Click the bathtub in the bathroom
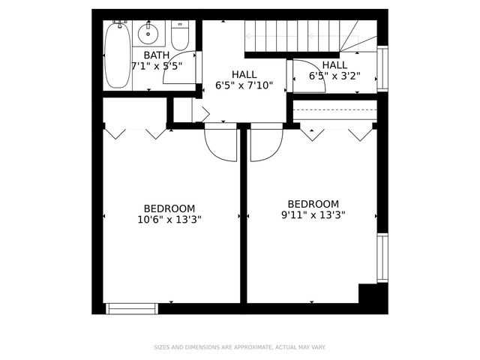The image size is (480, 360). pos(116,55)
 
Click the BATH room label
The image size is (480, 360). pos(157,55)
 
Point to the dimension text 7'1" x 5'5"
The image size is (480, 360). pos(157,66)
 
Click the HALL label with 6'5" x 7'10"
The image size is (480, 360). pos(244,75)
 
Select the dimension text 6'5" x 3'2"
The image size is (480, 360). pos(334,76)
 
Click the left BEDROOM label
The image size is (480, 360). pos(169,208)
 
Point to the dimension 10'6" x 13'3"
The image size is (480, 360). pos(169,220)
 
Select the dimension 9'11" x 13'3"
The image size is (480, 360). pos(313,214)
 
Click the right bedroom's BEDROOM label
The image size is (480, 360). pos(313,203)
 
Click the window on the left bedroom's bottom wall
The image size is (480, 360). pos(132,307)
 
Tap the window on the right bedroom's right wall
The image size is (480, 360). pos(382,258)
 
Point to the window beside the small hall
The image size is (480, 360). pos(382,70)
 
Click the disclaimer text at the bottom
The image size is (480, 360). pos(240,347)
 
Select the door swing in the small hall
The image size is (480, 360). pos(307,76)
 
